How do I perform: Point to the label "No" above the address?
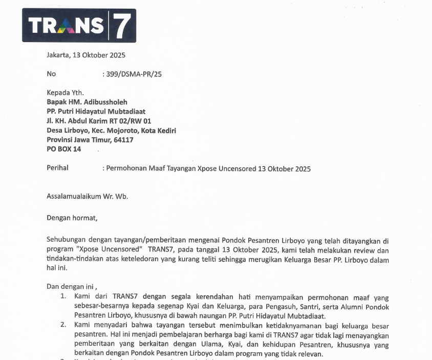(x=51, y=74)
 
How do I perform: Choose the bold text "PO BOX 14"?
(x=63, y=149)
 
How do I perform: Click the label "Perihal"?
(x=57, y=168)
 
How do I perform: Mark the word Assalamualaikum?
(x=74, y=196)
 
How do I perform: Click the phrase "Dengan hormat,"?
(x=71, y=218)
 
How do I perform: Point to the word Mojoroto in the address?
(x=125, y=131)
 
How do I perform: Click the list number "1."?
(x=63, y=297)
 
